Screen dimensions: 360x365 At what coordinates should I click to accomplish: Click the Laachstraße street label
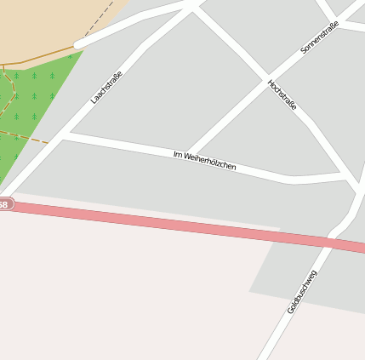point(106,87)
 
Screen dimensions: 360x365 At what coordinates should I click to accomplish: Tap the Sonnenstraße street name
point(320,38)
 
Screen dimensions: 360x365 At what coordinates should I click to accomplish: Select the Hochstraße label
point(282,96)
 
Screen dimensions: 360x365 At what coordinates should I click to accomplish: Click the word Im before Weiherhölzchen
point(178,154)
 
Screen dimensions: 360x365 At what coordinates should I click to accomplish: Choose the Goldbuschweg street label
point(302,291)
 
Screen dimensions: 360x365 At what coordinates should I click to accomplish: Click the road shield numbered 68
point(4,204)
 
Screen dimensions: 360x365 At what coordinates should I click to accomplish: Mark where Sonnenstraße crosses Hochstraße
point(267,75)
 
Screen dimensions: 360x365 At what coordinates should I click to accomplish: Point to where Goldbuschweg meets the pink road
point(330,242)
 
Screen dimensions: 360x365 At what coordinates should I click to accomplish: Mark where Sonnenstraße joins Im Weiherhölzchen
point(187,151)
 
